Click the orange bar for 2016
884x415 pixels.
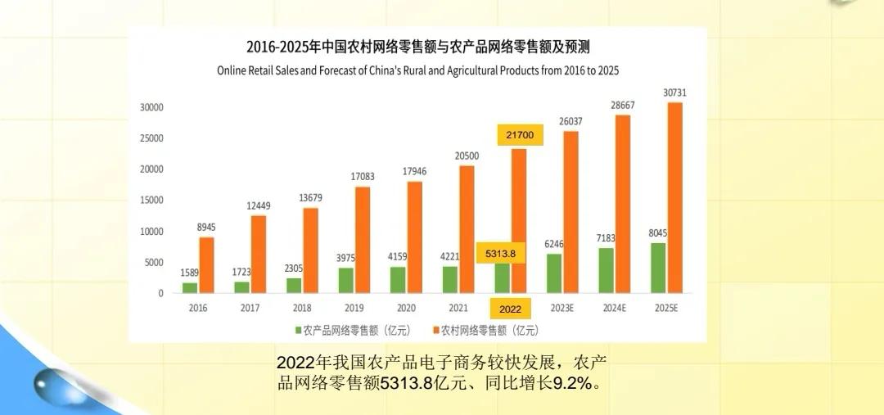206,264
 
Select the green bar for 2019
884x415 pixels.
346,280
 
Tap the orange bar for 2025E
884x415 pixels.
674,197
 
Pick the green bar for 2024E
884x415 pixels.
606,270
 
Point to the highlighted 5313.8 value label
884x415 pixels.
500,254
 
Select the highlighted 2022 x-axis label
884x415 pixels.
510,309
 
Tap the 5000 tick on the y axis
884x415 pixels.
154,263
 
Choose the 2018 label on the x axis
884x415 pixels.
301,309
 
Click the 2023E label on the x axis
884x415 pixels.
561,309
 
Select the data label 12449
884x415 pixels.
258,205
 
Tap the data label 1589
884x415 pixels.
190,273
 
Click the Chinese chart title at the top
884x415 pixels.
417,47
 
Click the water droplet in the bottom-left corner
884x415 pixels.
59,384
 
